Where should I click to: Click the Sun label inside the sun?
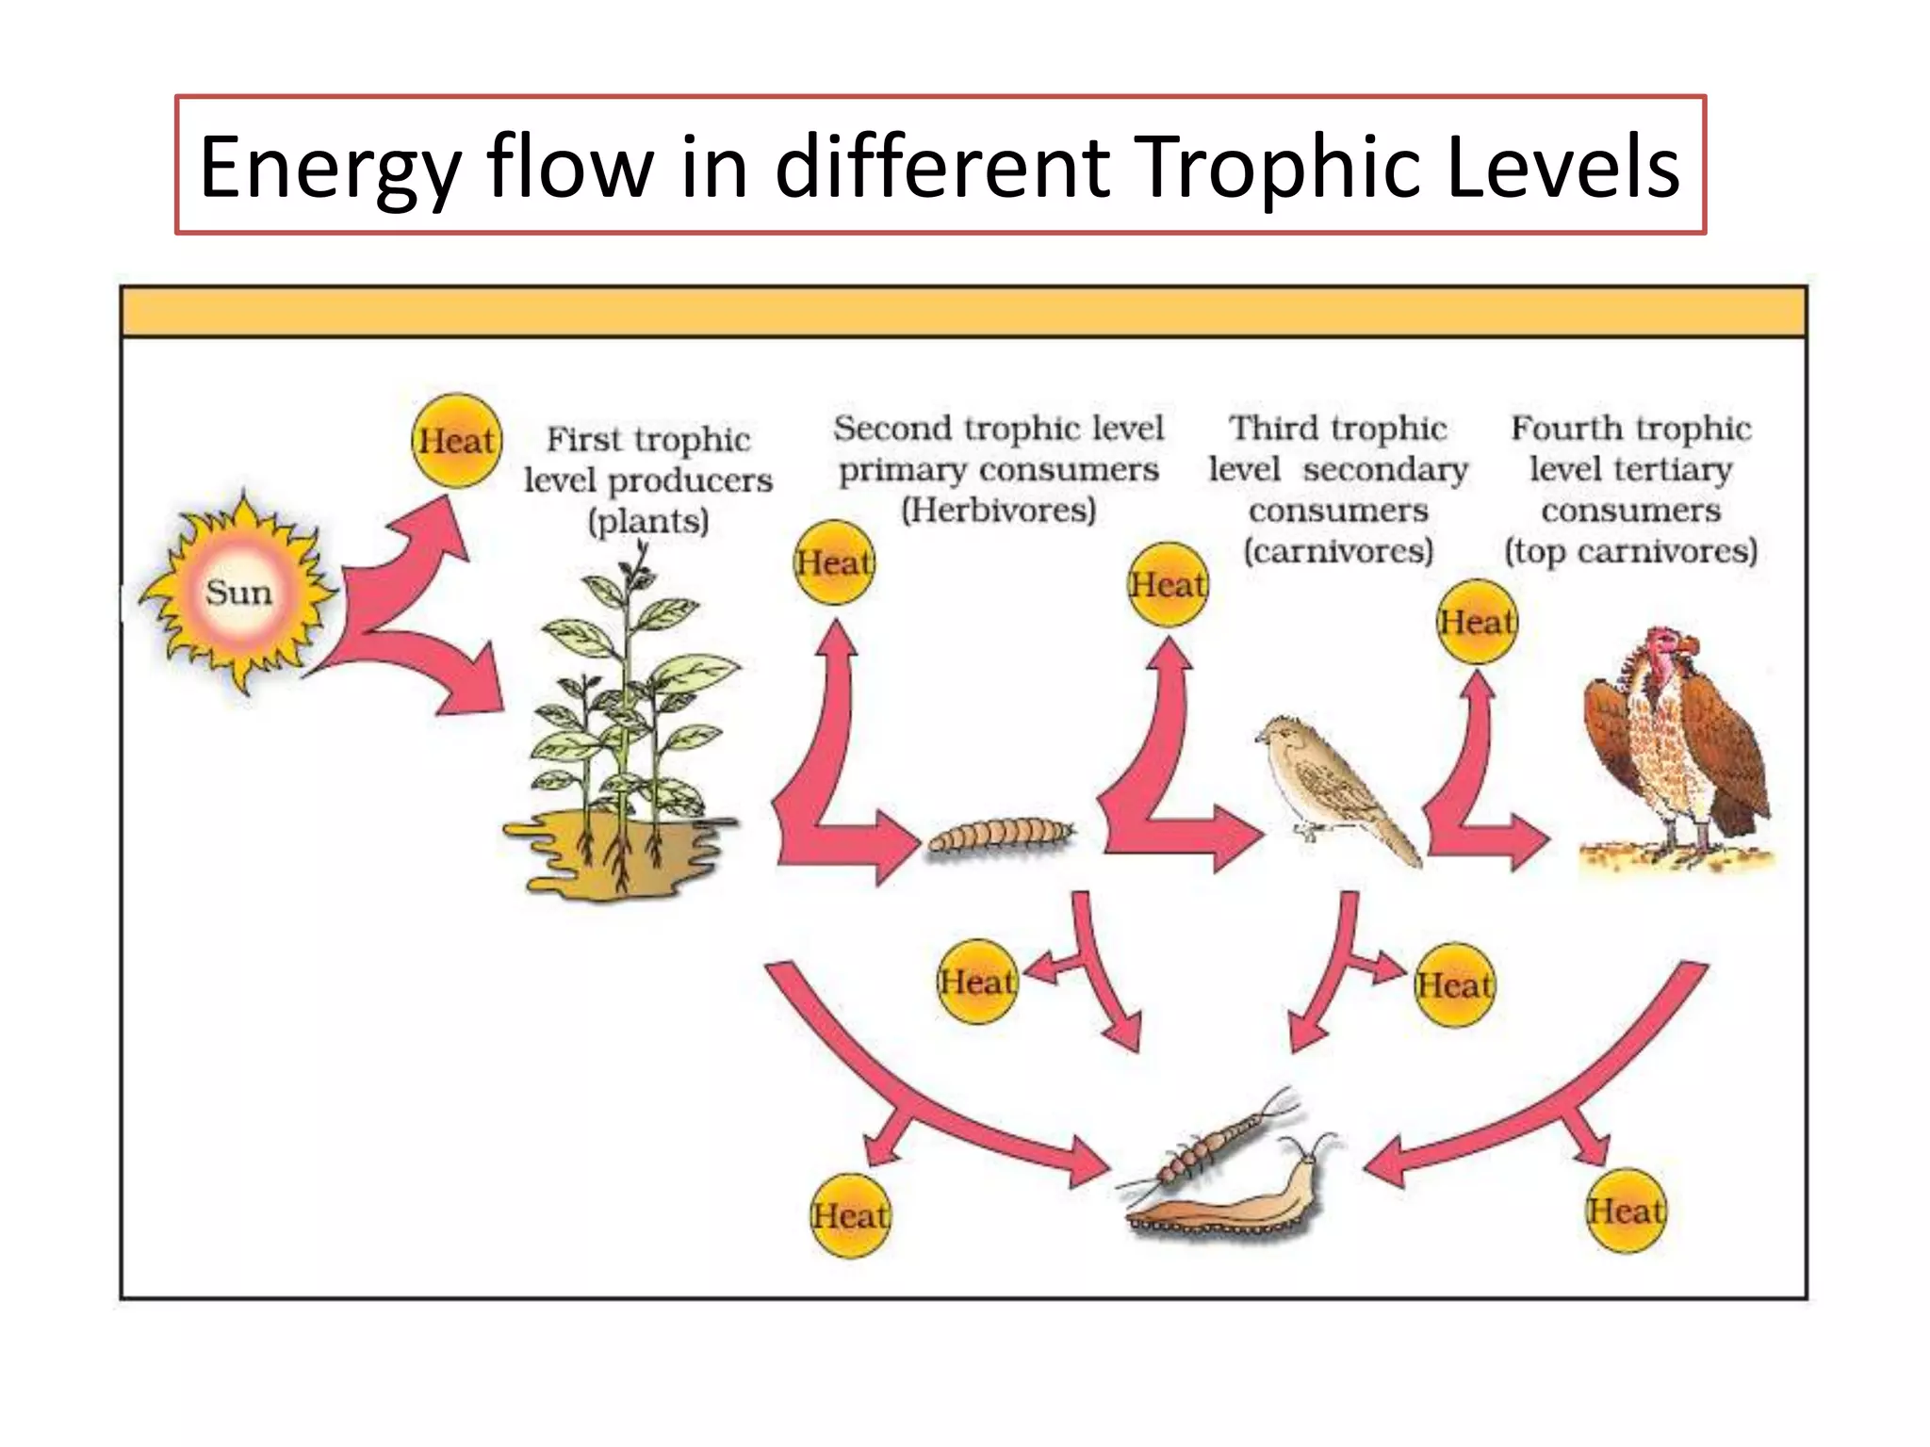click(238, 593)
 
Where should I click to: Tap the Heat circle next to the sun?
click(457, 441)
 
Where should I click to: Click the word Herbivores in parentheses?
click(999, 511)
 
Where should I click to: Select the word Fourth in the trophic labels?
click(1555, 429)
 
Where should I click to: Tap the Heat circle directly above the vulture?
click(1478, 622)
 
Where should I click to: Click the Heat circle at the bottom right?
click(1626, 1211)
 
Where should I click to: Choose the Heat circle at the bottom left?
click(850, 1216)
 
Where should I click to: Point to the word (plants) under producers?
click(648, 521)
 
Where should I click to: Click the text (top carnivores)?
click(1631, 551)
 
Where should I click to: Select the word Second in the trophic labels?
click(891, 429)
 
